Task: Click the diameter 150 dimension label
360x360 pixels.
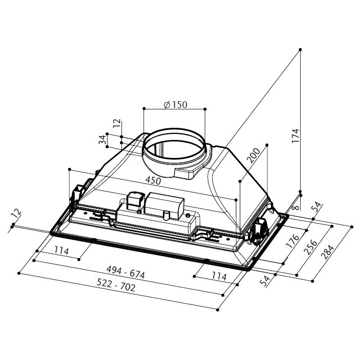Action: [x=175, y=105]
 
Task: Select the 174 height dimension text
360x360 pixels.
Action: [x=296, y=136]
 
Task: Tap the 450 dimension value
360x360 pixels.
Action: [x=153, y=180]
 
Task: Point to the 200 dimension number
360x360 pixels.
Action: [x=253, y=155]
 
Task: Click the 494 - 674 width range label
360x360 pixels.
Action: [x=126, y=272]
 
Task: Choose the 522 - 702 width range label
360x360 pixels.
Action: [x=116, y=285]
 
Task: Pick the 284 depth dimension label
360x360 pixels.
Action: [x=327, y=252]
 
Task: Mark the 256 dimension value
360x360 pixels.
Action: [x=310, y=247]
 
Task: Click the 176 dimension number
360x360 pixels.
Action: [x=292, y=241]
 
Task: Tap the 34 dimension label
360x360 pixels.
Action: [x=103, y=139]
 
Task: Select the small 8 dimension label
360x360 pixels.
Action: [x=297, y=207]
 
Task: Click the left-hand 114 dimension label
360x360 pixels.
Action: [x=61, y=250]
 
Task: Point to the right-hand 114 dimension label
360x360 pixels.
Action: [x=219, y=276]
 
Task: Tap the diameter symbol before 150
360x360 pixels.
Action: [x=167, y=105]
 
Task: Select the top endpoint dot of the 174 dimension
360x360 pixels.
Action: [x=300, y=49]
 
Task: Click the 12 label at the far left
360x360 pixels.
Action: [x=16, y=213]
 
